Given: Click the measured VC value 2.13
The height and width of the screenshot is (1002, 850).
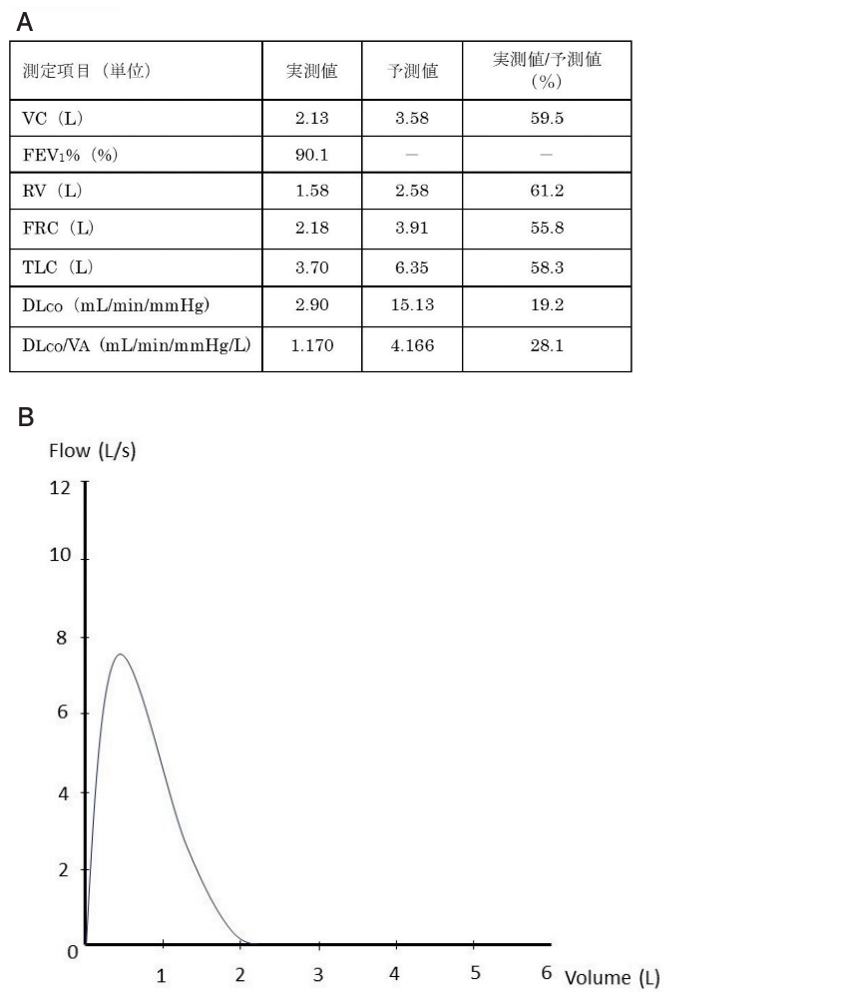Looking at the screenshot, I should click(312, 118).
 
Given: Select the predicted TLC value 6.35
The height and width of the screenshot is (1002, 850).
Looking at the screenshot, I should click(411, 267).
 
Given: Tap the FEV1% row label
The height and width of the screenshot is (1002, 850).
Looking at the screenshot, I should click(58, 155).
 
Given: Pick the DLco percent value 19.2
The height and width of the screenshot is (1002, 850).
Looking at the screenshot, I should click(547, 305).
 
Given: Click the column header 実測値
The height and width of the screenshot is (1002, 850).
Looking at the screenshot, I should click(312, 71).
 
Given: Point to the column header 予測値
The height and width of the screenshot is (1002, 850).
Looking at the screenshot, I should click(411, 71).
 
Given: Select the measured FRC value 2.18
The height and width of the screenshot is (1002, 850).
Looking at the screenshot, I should click(312, 230).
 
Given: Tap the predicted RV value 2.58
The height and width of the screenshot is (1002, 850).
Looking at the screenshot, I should click(411, 193).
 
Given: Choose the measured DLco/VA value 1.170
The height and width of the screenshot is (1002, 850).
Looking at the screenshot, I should click(312, 345).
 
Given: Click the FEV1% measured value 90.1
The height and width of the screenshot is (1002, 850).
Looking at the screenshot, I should click(312, 155).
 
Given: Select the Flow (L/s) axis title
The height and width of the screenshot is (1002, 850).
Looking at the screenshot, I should click(93, 451).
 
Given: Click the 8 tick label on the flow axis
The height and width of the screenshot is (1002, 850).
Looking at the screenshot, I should click(63, 637).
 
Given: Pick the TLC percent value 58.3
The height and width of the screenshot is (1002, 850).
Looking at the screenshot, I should click(547, 267).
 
